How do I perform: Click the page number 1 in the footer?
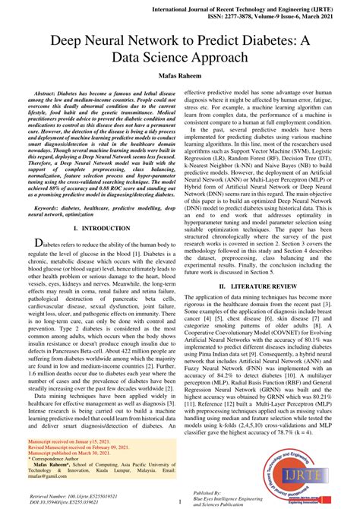pos(180,501)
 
